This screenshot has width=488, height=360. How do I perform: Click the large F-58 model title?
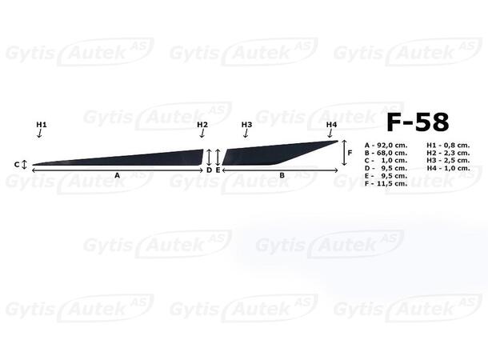point(418,122)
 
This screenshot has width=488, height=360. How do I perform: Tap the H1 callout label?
point(42,125)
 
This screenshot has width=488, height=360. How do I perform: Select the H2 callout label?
point(202,125)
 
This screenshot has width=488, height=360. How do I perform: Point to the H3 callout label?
point(246,125)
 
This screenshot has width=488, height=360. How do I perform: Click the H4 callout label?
point(331,125)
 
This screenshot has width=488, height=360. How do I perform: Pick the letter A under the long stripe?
point(117,175)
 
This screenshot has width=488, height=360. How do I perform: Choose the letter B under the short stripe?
point(282,175)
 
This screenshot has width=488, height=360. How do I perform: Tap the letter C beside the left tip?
point(17,164)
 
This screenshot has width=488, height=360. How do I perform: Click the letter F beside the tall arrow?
point(350,153)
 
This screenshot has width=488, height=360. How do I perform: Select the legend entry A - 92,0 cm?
point(386,146)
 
